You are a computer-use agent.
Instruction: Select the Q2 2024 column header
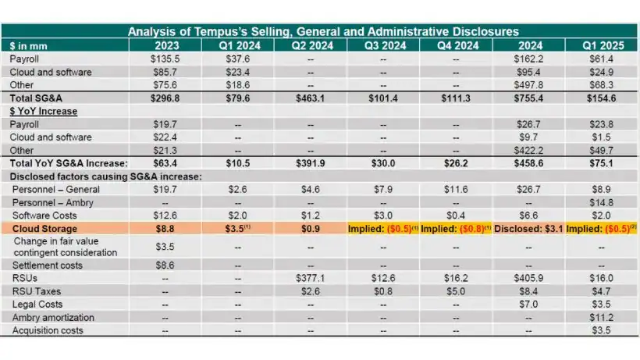point(311,45)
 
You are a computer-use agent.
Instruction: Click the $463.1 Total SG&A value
point(311,98)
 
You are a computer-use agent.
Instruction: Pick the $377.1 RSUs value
point(311,278)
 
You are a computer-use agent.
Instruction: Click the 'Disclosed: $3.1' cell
point(529,228)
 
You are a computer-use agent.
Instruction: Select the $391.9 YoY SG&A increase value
point(311,163)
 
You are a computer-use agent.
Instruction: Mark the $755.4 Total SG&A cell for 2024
point(529,98)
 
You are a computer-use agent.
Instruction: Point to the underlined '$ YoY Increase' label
point(44,111)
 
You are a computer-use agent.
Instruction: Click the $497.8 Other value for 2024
point(529,84)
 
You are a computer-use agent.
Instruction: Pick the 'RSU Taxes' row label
point(34,291)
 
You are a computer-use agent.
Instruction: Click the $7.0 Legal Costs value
point(529,305)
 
